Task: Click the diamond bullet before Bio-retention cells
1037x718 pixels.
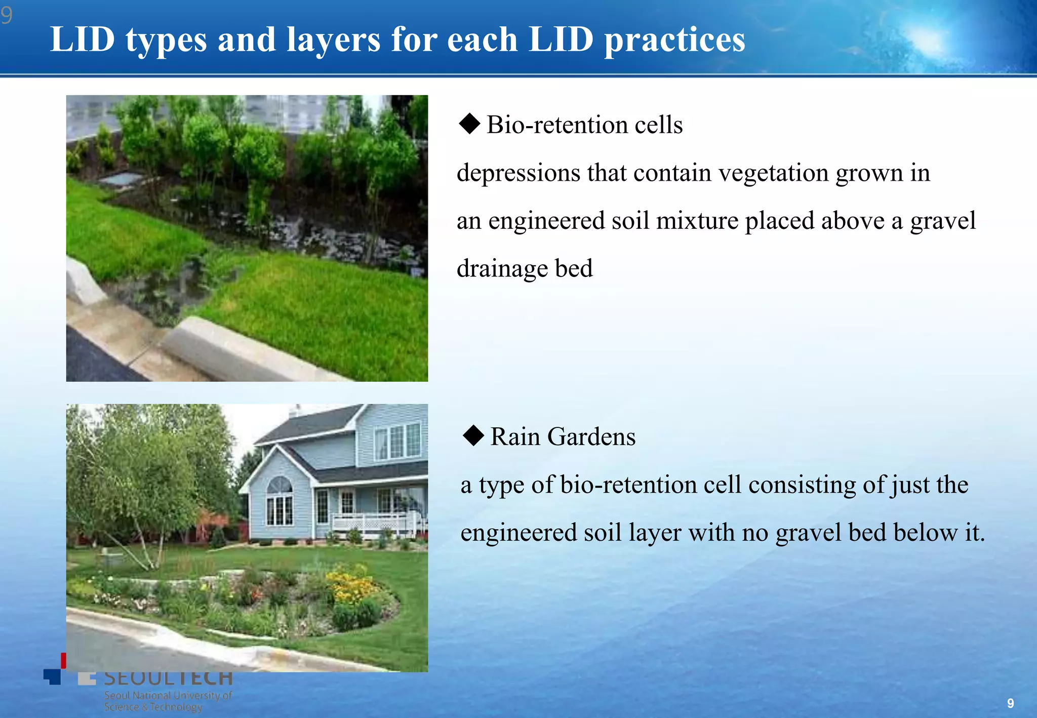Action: [469, 124]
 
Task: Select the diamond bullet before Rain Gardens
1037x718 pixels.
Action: [473, 435]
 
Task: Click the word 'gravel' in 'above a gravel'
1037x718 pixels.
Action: [942, 221]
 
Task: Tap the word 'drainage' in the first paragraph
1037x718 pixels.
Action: [502, 268]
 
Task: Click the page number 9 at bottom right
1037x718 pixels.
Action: [1010, 703]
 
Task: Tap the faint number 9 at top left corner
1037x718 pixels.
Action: [7, 16]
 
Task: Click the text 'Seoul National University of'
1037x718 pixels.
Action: [168, 695]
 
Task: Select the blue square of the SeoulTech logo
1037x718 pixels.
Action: [52, 676]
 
